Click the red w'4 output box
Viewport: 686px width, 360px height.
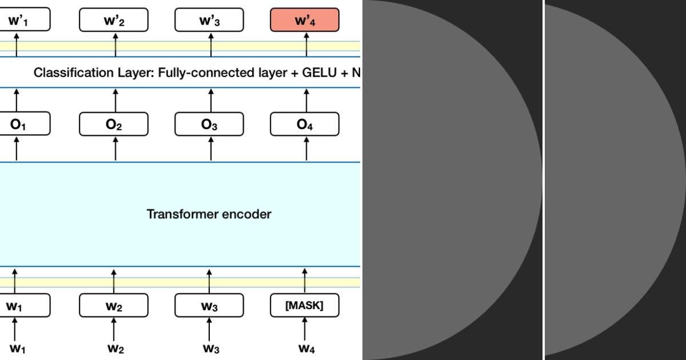point(304,21)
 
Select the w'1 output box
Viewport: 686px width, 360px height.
point(23,21)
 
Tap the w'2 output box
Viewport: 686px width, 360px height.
point(113,21)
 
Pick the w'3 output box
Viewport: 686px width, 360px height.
point(209,21)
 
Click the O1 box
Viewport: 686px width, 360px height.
point(23,124)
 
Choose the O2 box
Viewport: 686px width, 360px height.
point(113,124)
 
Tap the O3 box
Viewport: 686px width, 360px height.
point(209,124)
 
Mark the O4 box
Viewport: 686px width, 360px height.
point(304,124)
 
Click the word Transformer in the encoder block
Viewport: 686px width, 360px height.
point(182,214)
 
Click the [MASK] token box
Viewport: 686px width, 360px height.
point(304,306)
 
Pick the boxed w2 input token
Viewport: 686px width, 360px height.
point(113,306)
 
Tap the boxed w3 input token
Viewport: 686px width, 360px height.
point(209,306)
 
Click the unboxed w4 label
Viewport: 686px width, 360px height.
point(304,348)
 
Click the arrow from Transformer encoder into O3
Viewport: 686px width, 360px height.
point(212,149)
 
